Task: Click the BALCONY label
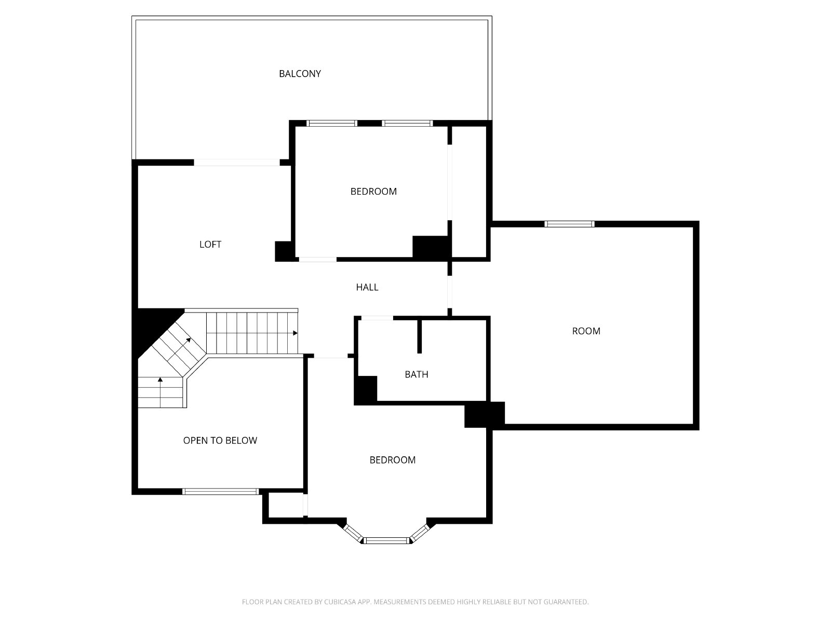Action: tap(300, 74)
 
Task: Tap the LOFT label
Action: tap(210, 245)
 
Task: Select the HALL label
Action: tap(367, 287)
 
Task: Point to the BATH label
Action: tap(417, 374)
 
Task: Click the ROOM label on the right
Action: tap(586, 331)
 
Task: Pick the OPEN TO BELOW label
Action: tap(220, 440)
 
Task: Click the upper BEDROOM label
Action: tap(373, 192)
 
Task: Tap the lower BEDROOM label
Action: tap(392, 460)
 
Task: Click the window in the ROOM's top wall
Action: tap(569, 224)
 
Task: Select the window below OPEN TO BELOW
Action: tap(220, 492)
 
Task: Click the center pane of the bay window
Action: tap(387, 540)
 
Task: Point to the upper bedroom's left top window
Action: tap(332, 123)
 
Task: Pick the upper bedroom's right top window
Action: tap(407, 123)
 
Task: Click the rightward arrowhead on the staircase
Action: tap(296, 333)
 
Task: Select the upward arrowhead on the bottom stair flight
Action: tap(160, 380)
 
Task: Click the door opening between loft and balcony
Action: tap(237, 162)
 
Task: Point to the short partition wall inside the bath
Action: tap(419, 336)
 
